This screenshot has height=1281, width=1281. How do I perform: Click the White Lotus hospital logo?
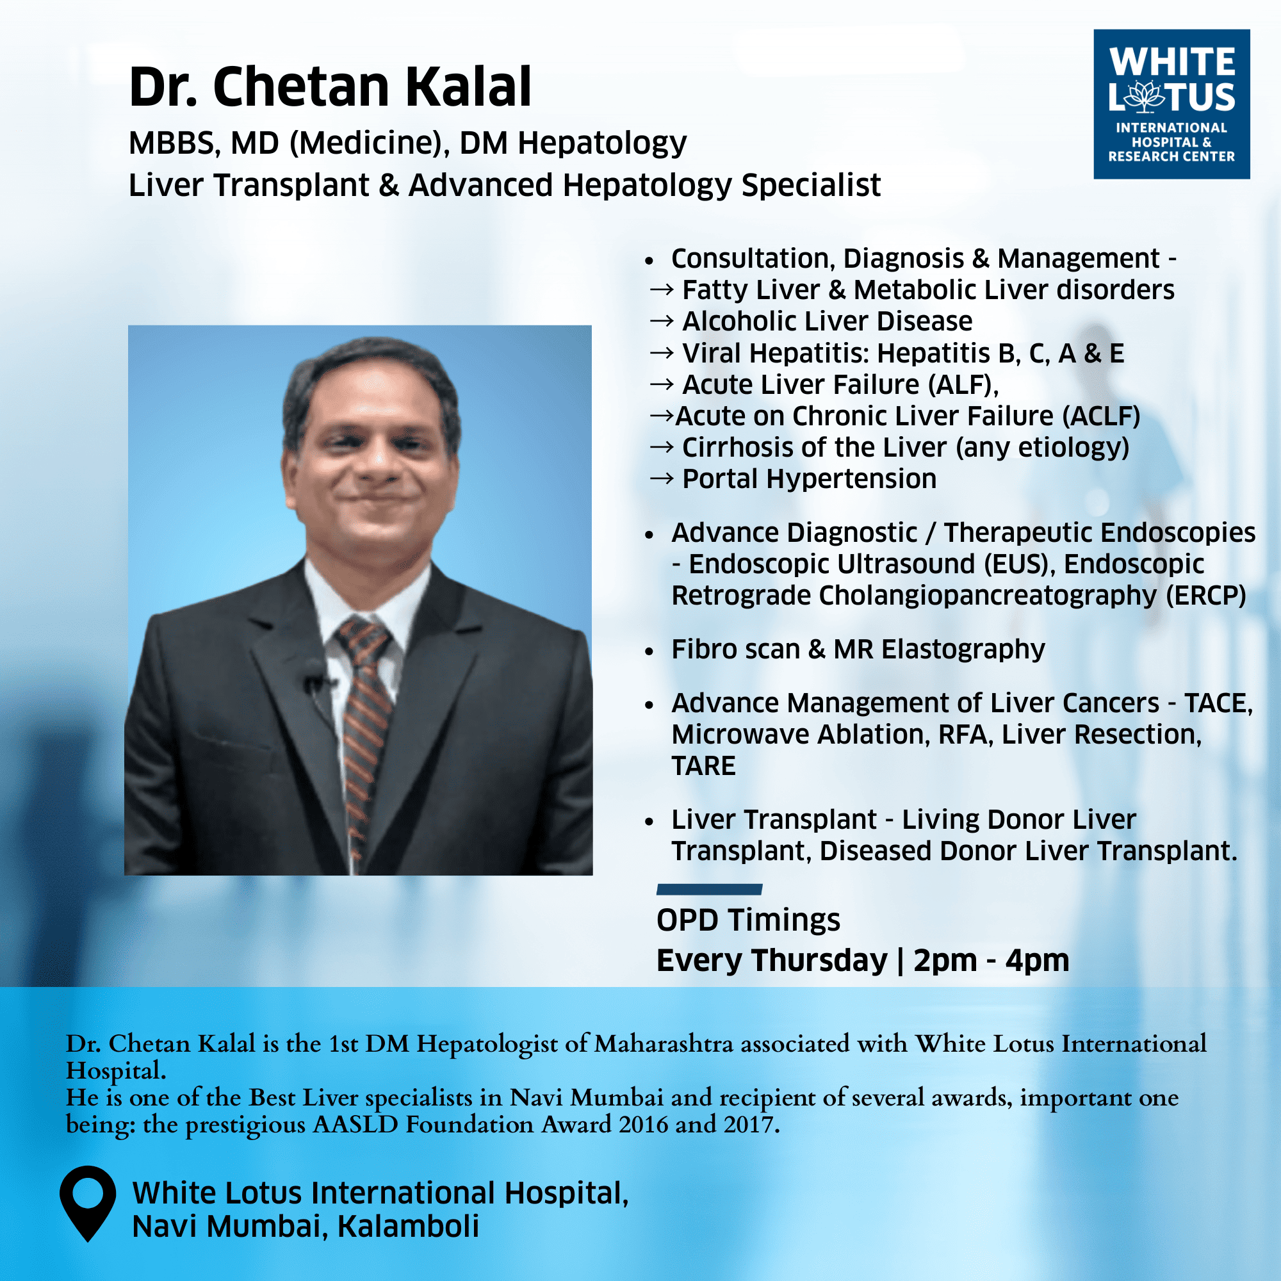[x=1171, y=104]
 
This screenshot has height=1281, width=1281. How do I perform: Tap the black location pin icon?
[x=88, y=1203]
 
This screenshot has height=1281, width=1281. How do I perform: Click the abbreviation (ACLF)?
[x=1101, y=416]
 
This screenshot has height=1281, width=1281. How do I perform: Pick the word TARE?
[x=703, y=766]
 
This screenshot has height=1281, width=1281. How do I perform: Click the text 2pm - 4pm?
[x=991, y=960]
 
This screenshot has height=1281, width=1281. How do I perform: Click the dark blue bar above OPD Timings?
[x=710, y=889]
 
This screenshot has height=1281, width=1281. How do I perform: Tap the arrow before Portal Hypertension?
[x=662, y=478]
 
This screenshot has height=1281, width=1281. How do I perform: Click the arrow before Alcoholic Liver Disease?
[x=662, y=321]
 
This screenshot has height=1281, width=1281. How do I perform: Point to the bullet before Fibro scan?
[x=649, y=651]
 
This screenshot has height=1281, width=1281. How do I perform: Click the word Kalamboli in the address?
[x=408, y=1226]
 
